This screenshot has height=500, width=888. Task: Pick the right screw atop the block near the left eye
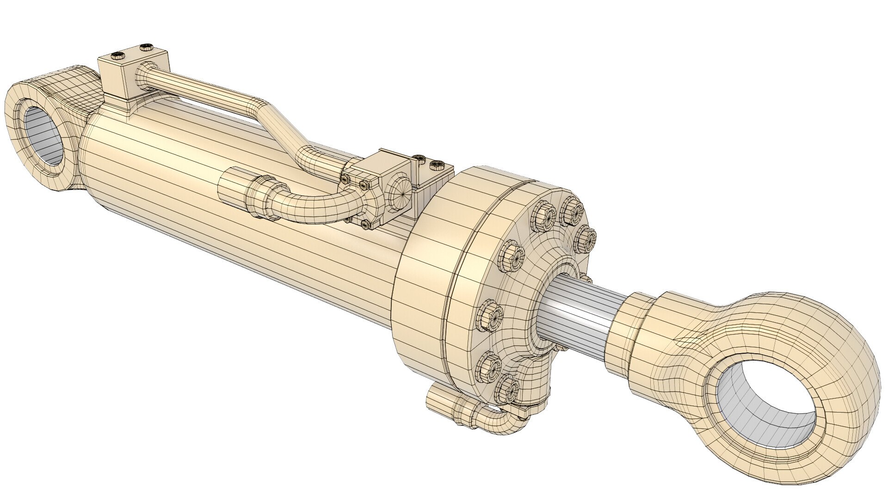pos(146,46)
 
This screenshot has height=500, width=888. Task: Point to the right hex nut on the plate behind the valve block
pos(437,164)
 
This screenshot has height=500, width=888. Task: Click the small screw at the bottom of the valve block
pos(367,225)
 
